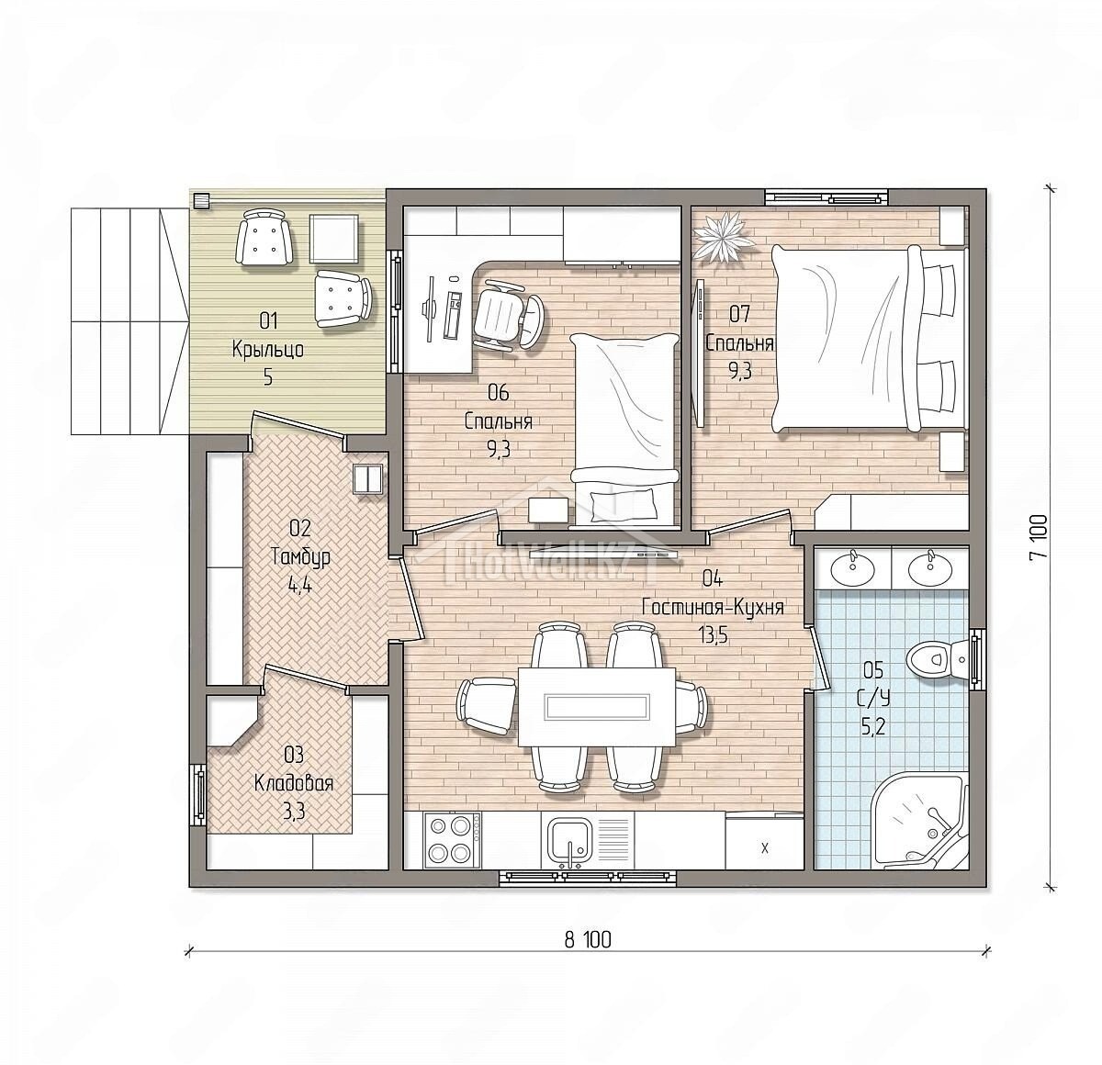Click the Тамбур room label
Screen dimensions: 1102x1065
(x=300, y=557)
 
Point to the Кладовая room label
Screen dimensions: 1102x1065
(x=293, y=784)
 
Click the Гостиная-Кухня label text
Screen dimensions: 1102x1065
(x=713, y=608)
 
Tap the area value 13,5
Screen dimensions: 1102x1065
(x=713, y=636)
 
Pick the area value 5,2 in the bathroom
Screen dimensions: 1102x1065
(x=873, y=727)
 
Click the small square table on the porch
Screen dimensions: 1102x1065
(x=333, y=239)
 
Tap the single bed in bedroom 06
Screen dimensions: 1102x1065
(x=624, y=429)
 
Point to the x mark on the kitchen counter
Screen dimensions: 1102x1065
(x=765, y=848)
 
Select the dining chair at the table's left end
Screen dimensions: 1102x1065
(x=487, y=706)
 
